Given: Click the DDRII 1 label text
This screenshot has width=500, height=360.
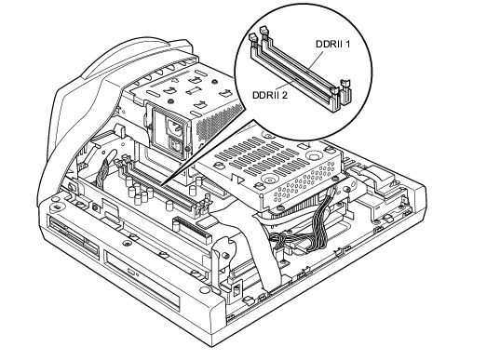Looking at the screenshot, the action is point(332,44).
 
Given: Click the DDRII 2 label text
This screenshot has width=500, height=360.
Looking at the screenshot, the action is point(270,95).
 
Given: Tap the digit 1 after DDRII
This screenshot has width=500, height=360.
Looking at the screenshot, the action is point(347,44).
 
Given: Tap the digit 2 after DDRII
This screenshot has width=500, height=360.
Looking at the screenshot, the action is point(284,95).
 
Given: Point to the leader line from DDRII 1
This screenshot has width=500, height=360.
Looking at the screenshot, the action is point(315,60).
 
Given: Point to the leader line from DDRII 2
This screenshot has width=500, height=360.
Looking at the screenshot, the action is point(286,84).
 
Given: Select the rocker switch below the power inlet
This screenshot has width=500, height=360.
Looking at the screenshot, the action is point(175,145).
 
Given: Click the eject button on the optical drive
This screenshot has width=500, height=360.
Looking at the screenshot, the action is point(131,272).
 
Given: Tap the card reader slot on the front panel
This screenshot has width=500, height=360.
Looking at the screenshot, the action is point(73,233).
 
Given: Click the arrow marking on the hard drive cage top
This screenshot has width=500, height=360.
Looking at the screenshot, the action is point(306,146).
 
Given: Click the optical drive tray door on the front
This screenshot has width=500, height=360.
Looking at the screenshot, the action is point(142,280).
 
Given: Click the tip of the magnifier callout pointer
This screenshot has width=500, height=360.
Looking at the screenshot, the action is point(162,185).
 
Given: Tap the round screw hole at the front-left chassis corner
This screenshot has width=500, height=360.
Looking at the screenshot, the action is point(58,207).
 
